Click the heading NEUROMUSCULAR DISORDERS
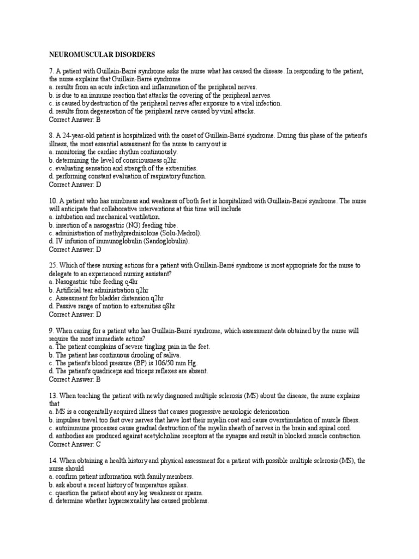pyautogui.click(x=102, y=55)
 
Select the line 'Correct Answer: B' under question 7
pyautogui.click(x=75, y=119)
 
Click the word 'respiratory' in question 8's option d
pyautogui.click(x=154, y=176)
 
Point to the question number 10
pyautogui.click(x=53, y=201)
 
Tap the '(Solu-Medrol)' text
pyautogui.click(x=182, y=233)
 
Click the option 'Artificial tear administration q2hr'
pyautogui.click(x=101, y=290)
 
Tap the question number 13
pyautogui.click(x=53, y=395)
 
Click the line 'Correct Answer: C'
pyautogui.click(x=75, y=444)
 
